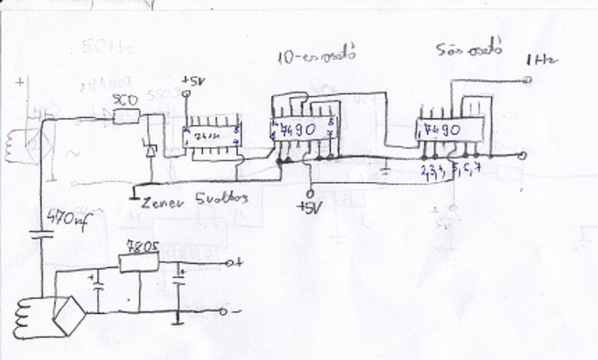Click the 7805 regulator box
pyautogui.click(x=139, y=262)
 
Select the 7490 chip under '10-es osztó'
pyautogui.click(x=304, y=130)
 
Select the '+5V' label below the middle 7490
pyautogui.click(x=309, y=207)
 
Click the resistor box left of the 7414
pyautogui.click(x=126, y=115)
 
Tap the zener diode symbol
pyautogui.click(x=151, y=151)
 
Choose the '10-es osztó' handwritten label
pyautogui.click(x=316, y=55)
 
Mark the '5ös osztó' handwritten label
pyautogui.click(x=469, y=49)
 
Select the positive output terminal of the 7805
pyautogui.click(x=229, y=263)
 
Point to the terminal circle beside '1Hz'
pyautogui.click(x=528, y=80)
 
